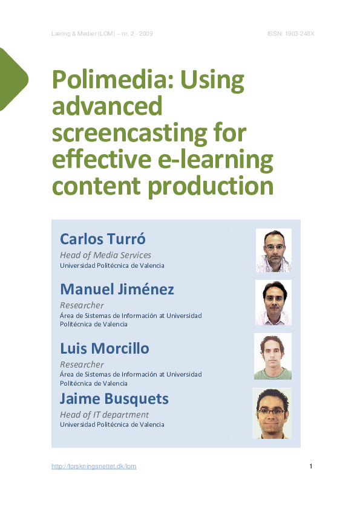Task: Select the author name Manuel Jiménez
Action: click(117, 290)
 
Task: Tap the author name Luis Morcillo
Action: click(104, 349)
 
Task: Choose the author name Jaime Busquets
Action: click(114, 399)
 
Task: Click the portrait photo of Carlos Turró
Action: click(273, 250)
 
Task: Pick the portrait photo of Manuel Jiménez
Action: click(273, 302)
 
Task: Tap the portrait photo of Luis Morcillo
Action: click(273, 356)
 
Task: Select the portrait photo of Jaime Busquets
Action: click(272, 413)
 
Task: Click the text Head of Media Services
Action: click(105, 255)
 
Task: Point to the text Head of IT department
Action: click(104, 415)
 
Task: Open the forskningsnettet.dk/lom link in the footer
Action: click(94, 466)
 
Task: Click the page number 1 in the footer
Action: click(310, 466)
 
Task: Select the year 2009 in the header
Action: click(145, 33)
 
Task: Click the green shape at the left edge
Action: click(12, 79)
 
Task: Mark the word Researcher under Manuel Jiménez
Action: click(82, 305)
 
